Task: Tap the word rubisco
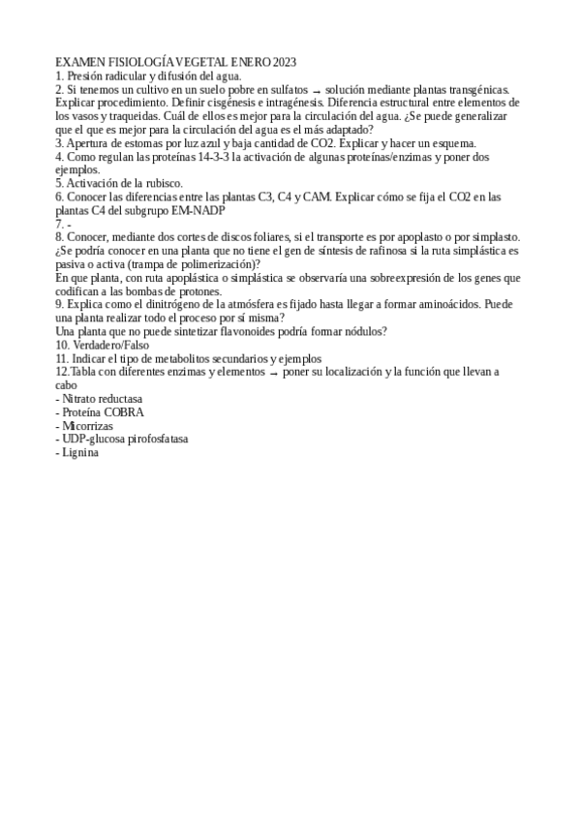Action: pyautogui.click(x=159, y=183)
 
